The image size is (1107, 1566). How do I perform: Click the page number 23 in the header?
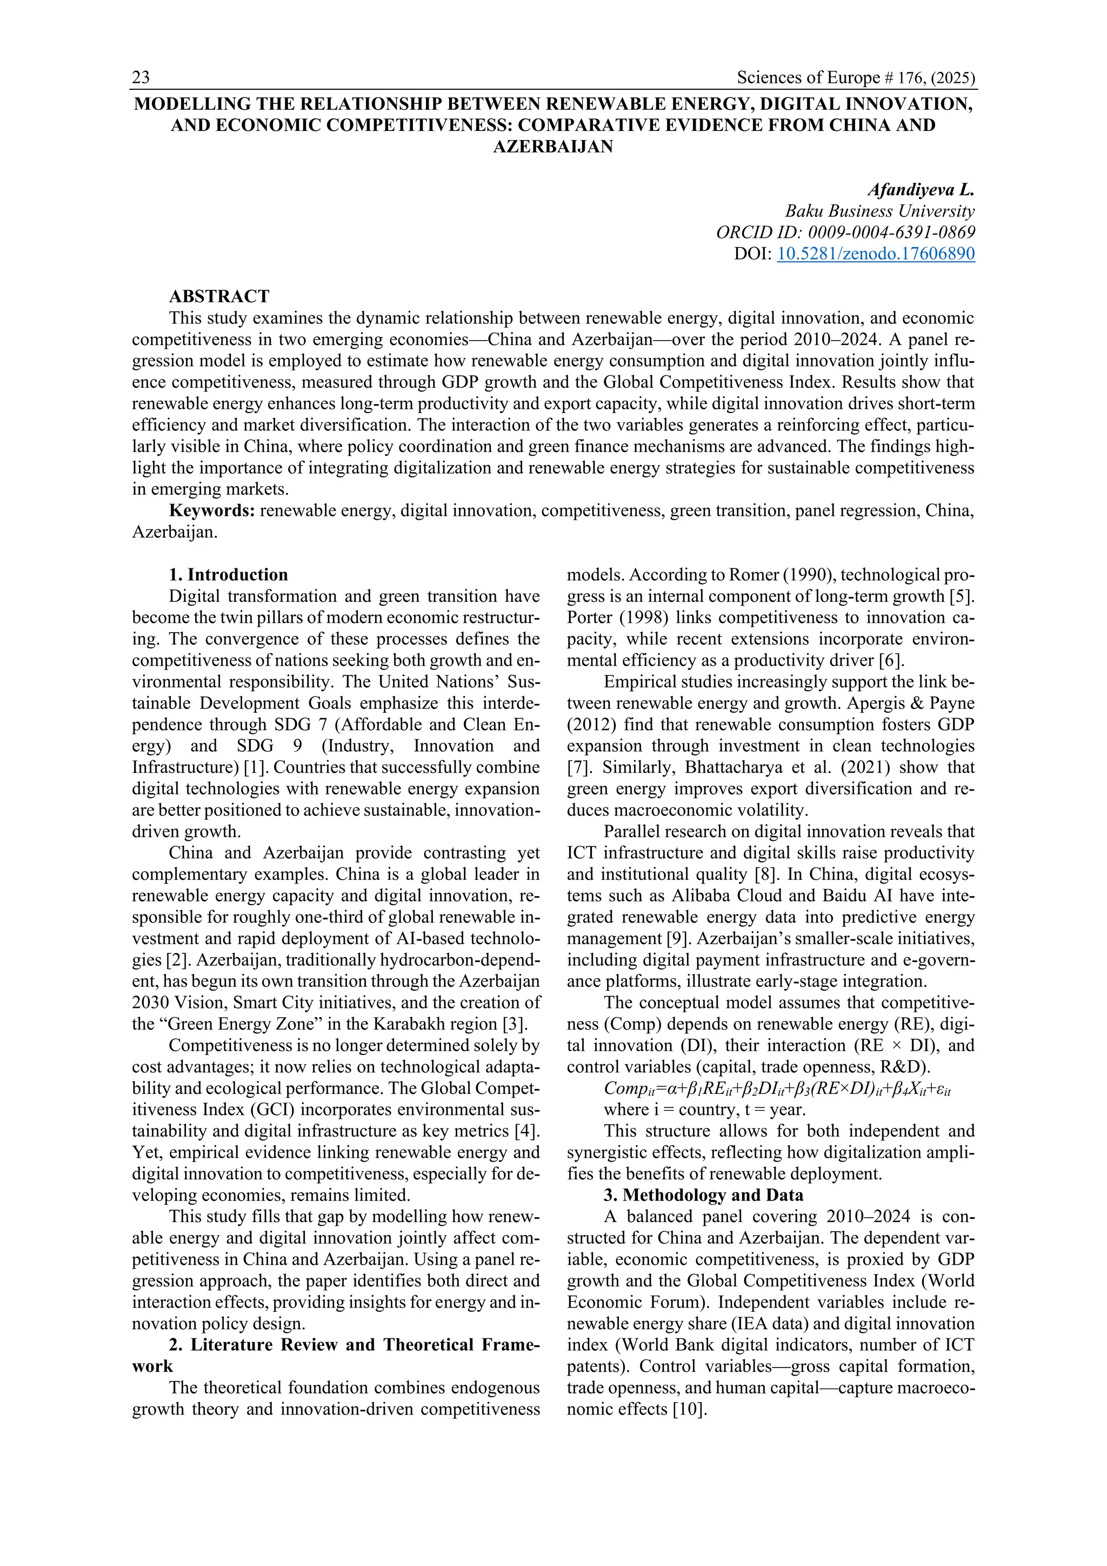(x=141, y=78)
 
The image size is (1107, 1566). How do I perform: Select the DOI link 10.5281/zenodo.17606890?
(x=875, y=254)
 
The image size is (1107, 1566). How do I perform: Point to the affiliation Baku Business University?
(x=879, y=211)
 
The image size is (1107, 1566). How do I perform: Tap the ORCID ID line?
(x=845, y=233)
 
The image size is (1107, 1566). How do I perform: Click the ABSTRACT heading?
(x=219, y=296)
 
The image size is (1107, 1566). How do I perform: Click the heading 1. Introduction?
(x=228, y=574)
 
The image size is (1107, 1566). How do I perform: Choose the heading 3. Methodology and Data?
(x=703, y=1195)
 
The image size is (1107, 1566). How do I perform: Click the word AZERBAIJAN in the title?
(x=553, y=147)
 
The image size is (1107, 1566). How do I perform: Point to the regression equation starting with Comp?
(x=777, y=1089)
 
